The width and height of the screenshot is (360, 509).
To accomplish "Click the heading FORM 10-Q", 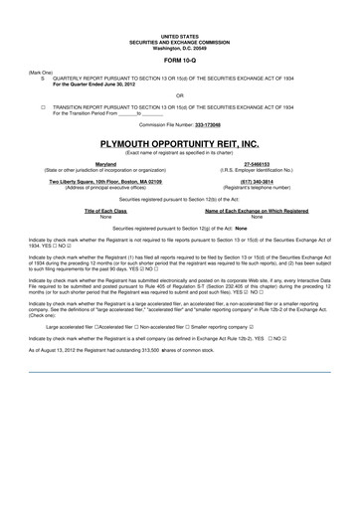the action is click(x=180, y=59).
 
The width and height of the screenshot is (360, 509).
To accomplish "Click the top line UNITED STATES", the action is click(x=180, y=33).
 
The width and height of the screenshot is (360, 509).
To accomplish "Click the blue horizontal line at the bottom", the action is click(x=180, y=372).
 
